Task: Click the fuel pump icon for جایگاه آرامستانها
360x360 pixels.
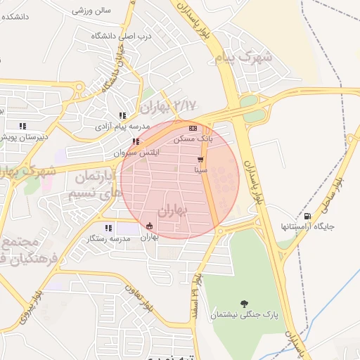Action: pos(307,215)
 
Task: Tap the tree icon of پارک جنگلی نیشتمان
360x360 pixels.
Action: pos(244,304)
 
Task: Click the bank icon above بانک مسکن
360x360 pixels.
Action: pos(193,128)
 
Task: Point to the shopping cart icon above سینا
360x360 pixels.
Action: pos(200,160)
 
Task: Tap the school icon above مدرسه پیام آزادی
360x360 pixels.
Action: pos(122,115)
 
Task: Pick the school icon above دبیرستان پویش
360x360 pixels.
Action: pos(22,126)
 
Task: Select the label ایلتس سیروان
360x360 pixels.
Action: pos(134,153)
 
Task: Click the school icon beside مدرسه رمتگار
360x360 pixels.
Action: pos(108,228)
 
